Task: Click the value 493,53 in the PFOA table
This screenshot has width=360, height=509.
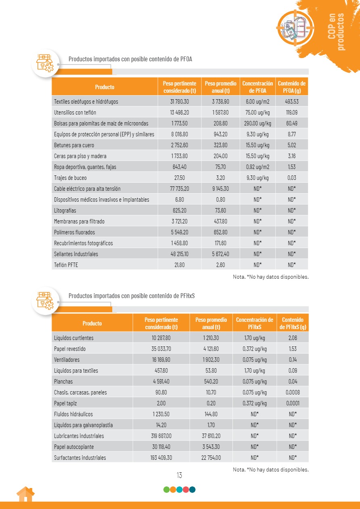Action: pos(291,102)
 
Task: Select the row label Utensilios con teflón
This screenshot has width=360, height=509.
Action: pos(75,113)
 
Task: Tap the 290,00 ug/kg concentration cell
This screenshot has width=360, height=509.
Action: pos(257,123)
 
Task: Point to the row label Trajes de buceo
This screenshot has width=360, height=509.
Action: pos(70,178)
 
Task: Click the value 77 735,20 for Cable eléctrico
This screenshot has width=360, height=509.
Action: pos(180,189)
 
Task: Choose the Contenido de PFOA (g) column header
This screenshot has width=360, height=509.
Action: pos(291,87)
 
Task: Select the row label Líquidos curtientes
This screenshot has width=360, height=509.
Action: pos(73,338)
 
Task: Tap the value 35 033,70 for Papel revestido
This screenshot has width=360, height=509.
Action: pos(161,349)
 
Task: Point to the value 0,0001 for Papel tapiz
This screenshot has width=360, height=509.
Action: pos(293,403)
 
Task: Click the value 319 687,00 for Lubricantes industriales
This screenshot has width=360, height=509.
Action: pos(161,436)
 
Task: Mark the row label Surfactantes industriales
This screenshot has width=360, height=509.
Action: pos(80,458)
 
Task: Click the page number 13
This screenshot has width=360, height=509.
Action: pos(179,475)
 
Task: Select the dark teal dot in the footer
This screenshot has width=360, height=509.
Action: pos(192,490)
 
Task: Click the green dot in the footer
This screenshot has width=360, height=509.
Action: pos(166,490)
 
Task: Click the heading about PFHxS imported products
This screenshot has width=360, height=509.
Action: pos(132,296)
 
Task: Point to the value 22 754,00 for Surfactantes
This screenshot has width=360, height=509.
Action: pos(211,458)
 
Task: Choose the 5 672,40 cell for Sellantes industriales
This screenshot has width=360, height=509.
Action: pos(220,254)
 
